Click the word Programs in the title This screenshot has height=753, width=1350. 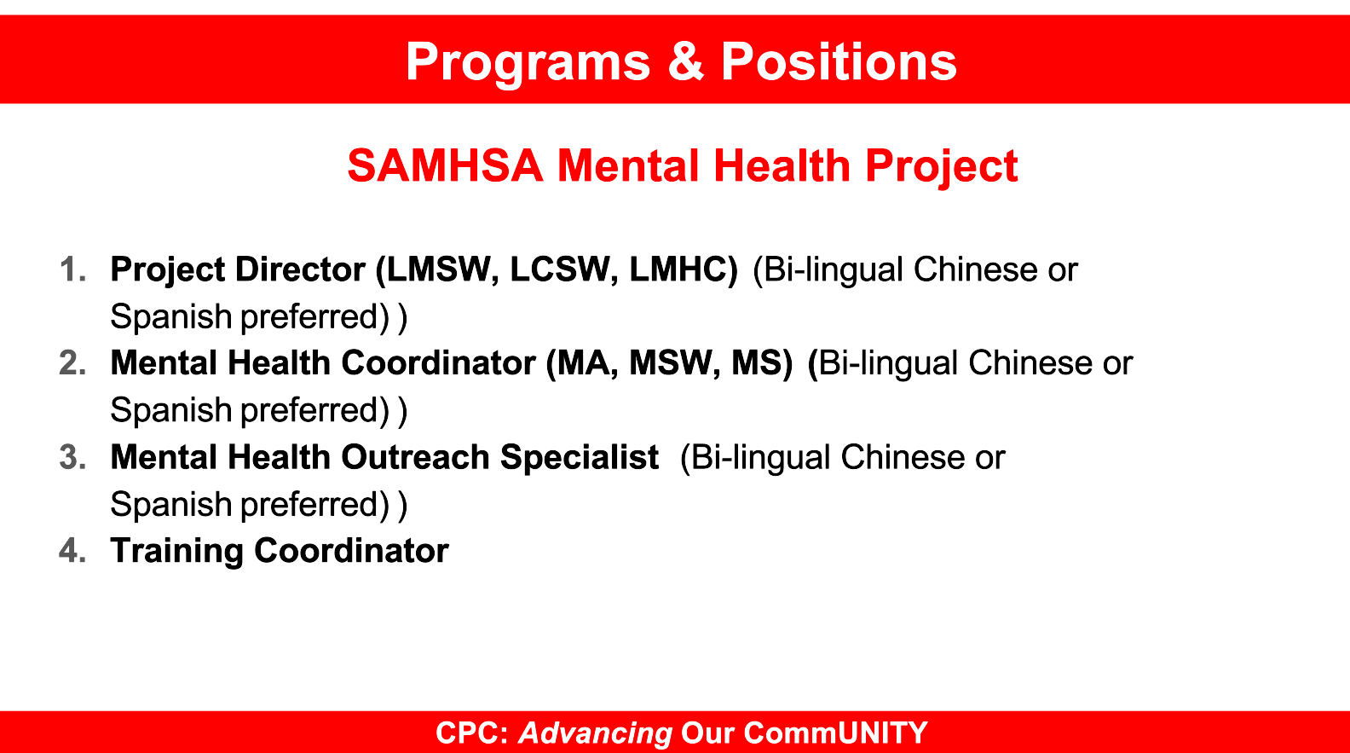point(528,63)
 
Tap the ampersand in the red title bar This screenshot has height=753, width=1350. point(686,61)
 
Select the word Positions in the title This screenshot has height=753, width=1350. point(839,61)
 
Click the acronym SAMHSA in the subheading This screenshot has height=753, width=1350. point(445,165)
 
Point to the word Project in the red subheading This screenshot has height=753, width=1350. point(942,168)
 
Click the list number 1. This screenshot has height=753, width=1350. point(73,269)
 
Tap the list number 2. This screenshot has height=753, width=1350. point(73,363)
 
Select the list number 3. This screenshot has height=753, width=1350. point(73,457)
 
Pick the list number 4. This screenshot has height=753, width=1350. point(73,551)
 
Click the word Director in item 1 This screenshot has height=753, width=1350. point(300,269)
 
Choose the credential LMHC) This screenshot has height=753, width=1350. point(684,269)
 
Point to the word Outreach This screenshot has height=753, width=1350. point(415,457)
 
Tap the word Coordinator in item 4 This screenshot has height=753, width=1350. point(351,551)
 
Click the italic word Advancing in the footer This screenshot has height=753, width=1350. point(596,734)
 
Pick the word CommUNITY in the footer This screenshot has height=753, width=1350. point(835,733)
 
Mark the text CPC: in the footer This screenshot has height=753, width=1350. point(472,733)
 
